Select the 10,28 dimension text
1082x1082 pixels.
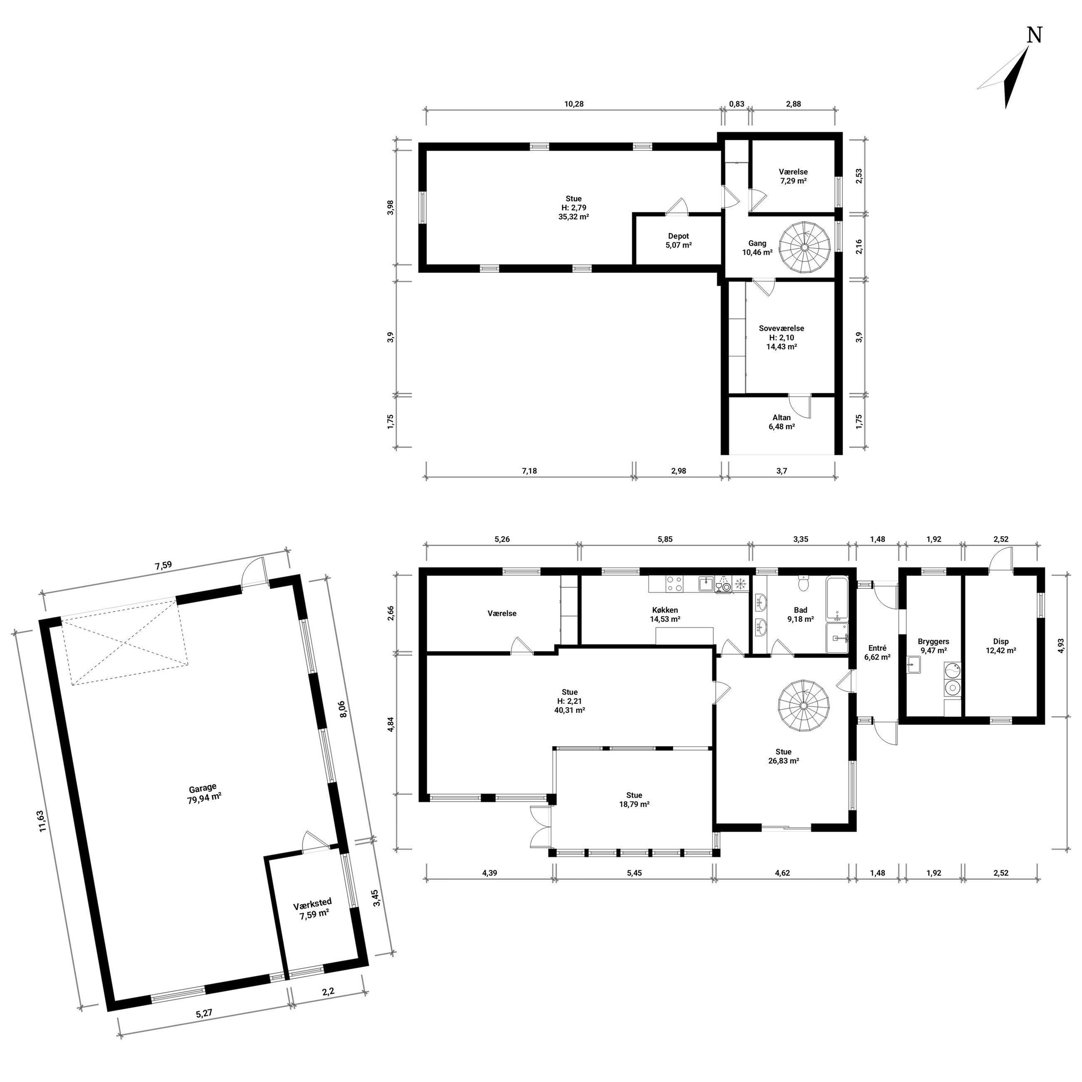573,104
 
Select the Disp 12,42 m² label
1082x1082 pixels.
1001,646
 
